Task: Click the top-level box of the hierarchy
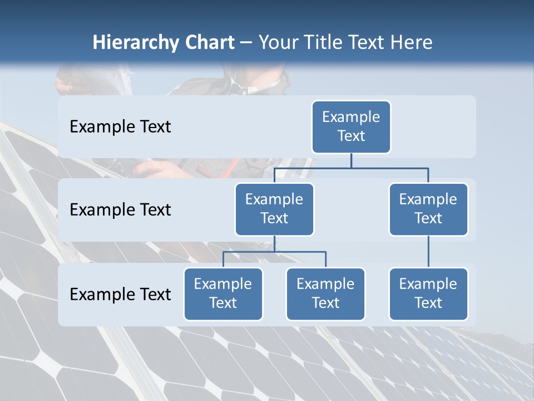351,127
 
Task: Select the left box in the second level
274,209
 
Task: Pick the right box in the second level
428,209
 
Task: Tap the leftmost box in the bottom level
223,294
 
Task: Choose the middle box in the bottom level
325,294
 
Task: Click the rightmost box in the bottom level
428,294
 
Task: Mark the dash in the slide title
246,43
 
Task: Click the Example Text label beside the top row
120,127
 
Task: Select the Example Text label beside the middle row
120,210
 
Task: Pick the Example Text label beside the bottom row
120,295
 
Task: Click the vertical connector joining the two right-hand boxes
428,252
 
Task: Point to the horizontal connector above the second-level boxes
351,168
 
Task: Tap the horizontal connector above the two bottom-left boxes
274,252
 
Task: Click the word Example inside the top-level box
351,117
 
